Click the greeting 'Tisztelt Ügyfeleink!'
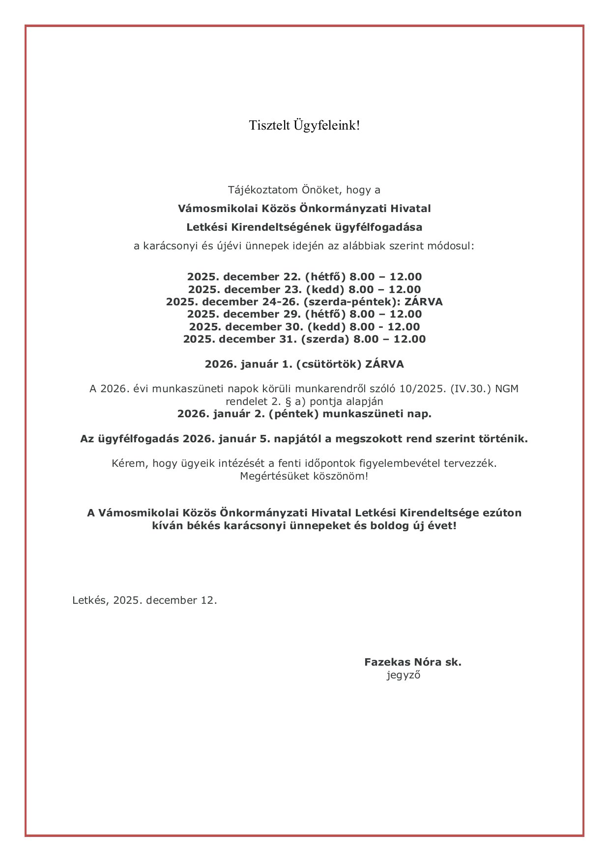pyautogui.click(x=304, y=126)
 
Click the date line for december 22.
pyautogui.click(x=304, y=277)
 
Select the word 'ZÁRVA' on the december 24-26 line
pyautogui.click(x=424, y=302)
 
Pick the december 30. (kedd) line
pyautogui.click(x=304, y=327)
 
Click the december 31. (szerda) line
pyautogui.click(x=304, y=339)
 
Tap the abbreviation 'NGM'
pyautogui.click(x=506, y=389)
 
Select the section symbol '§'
pyautogui.click(x=289, y=402)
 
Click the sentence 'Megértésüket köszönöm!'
pyautogui.click(x=304, y=476)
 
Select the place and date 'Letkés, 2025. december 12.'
pyautogui.click(x=145, y=600)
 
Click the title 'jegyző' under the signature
pyautogui.click(x=404, y=675)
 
